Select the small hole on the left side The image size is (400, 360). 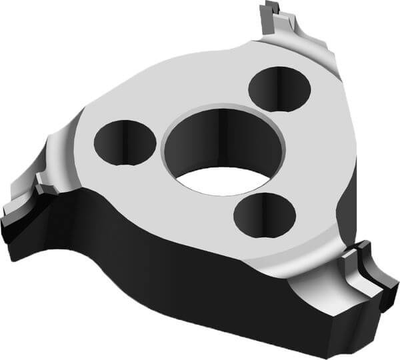125,142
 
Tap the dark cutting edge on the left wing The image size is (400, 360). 20,223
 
